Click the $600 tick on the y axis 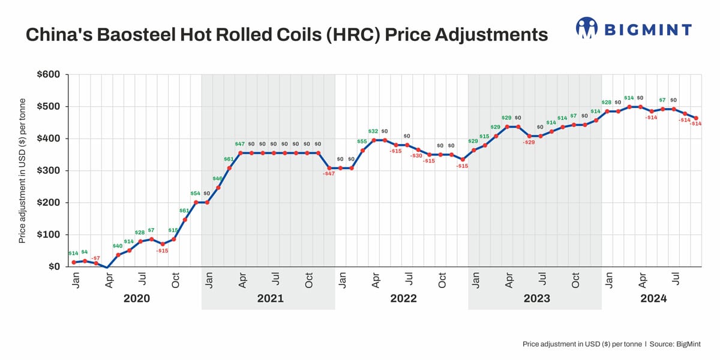[x=48, y=75]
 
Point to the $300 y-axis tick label [x=48, y=171]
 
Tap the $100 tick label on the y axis [x=48, y=235]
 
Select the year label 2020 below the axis [x=136, y=298]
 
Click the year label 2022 [x=403, y=298]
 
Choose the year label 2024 [x=653, y=298]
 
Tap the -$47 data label [x=329, y=173]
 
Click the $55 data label [x=362, y=142]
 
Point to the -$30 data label [x=416, y=155]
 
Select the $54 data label [x=195, y=193]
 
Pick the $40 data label [x=118, y=246]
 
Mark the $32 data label [x=373, y=131]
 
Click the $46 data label [x=217, y=179]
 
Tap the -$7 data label [x=96, y=257]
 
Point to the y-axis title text [x=22, y=170]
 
